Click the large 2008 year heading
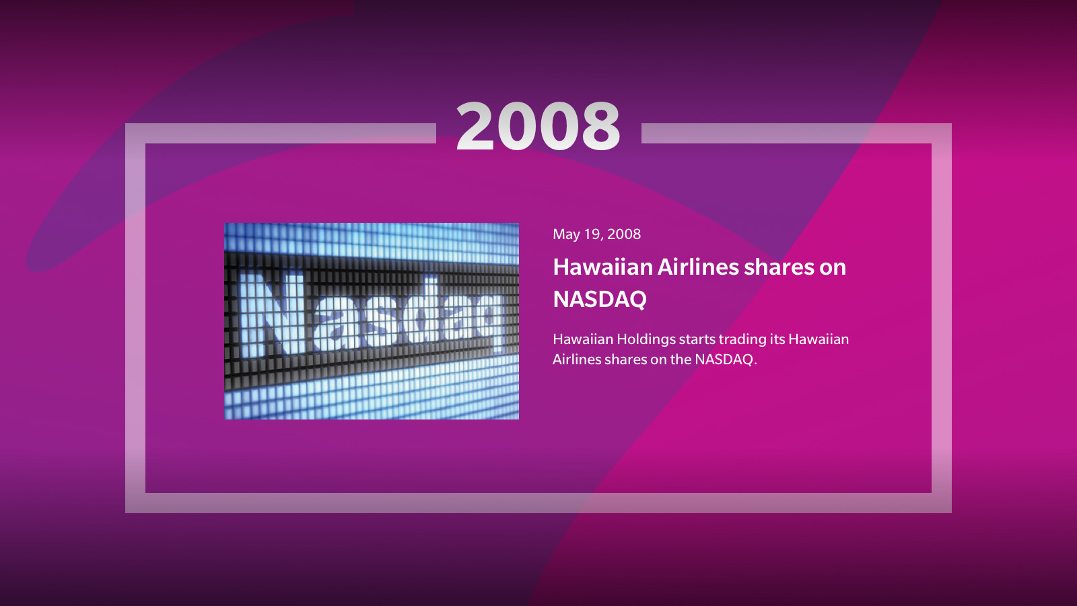tap(538, 126)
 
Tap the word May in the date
tap(566, 235)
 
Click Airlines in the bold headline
tap(697, 267)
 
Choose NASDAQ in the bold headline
tap(600, 299)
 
